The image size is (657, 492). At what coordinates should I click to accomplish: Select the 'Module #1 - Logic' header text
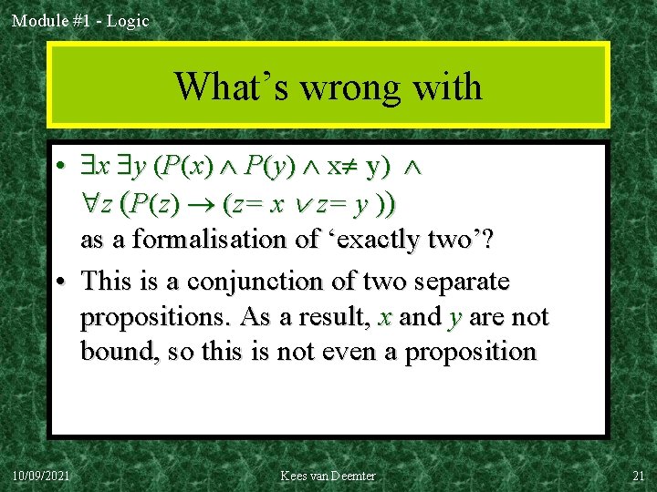80,20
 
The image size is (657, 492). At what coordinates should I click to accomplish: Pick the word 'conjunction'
277,282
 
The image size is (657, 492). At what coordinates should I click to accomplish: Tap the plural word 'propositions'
155,317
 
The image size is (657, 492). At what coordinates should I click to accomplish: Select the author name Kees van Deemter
328,476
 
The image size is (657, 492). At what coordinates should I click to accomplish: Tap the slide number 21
637,476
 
